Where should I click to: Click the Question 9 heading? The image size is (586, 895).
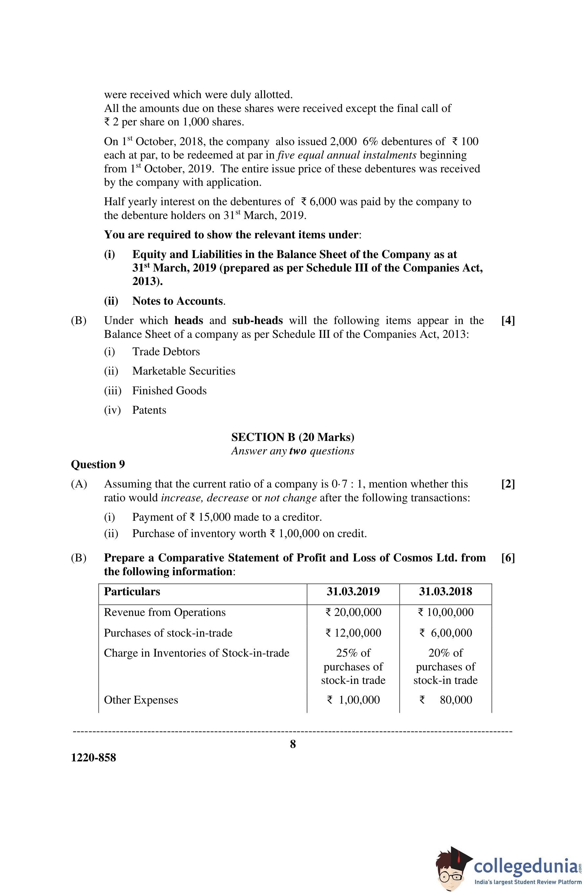click(98, 465)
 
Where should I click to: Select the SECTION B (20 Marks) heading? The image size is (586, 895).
click(292, 437)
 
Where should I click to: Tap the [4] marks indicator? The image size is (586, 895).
click(508, 320)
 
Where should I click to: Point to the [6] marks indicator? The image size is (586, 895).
click(508, 558)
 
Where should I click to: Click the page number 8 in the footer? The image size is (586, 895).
click(293, 744)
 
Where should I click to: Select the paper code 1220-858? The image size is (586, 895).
click(93, 757)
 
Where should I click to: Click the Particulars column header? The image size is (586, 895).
click(132, 592)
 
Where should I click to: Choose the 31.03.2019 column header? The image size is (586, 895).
click(353, 592)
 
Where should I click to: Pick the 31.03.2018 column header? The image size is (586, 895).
click(446, 592)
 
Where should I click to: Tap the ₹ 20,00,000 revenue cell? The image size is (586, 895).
click(353, 612)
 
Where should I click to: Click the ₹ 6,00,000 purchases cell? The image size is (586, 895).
click(446, 633)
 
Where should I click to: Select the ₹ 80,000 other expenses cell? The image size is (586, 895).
click(446, 700)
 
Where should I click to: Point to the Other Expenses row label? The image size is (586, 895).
click(141, 700)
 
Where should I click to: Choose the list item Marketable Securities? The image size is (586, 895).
click(184, 371)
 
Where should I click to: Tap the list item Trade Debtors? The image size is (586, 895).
click(166, 352)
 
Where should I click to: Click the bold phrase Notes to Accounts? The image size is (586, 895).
click(178, 301)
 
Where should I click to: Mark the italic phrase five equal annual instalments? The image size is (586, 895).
click(347, 155)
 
